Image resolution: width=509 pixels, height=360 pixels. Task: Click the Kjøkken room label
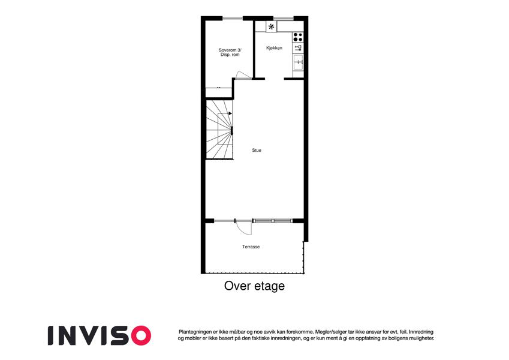pyautogui.click(x=275, y=48)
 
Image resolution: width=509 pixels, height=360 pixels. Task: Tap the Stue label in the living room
pyautogui.click(x=257, y=150)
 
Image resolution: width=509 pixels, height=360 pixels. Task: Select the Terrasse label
pyautogui.click(x=251, y=247)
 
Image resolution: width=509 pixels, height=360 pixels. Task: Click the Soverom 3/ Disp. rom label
pyautogui.click(x=230, y=52)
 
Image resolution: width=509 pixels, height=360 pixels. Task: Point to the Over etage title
pyautogui.click(x=254, y=286)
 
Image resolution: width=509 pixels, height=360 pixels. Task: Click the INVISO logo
pyautogui.click(x=100, y=335)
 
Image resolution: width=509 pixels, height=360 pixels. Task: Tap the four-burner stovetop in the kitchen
pyautogui.click(x=298, y=37)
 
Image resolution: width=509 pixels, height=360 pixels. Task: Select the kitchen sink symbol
pyautogui.click(x=299, y=62)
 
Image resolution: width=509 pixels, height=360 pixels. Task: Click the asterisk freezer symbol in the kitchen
pyautogui.click(x=272, y=26)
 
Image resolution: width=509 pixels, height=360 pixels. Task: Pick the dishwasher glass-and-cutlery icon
pyautogui.click(x=298, y=48)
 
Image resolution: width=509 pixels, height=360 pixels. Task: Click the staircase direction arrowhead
pyautogui.click(x=230, y=113)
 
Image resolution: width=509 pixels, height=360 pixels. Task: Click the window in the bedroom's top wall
pyautogui.click(x=233, y=18)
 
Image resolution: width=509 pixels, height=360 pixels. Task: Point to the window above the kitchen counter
pyautogui.click(x=284, y=18)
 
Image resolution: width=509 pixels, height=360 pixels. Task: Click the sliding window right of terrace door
pyautogui.click(x=273, y=221)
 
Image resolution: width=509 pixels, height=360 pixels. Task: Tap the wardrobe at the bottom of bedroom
pyautogui.click(x=219, y=92)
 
